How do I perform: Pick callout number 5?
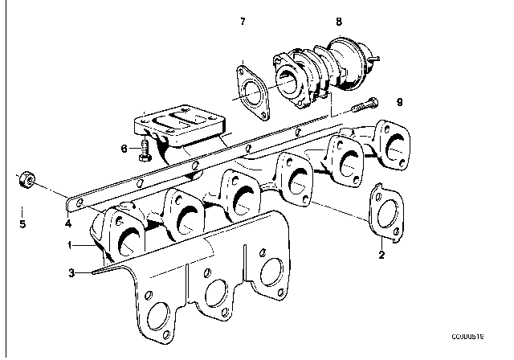pyautogui.click(x=22, y=224)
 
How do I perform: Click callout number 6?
pyautogui.click(x=125, y=148)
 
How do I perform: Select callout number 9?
pyautogui.click(x=398, y=101)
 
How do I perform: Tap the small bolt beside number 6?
pyautogui.click(x=144, y=150)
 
